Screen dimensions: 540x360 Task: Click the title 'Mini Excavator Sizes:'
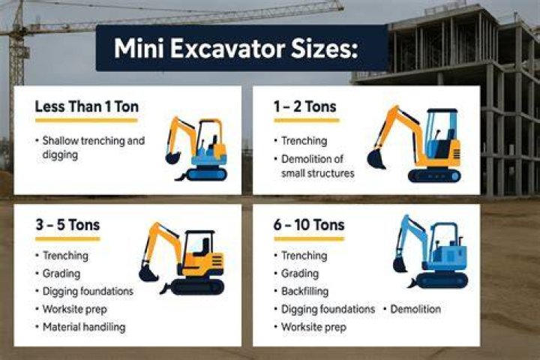(x=236, y=48)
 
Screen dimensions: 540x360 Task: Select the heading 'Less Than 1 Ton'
(x=87, y=106)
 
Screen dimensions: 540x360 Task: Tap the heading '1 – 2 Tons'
(x=304, y=106)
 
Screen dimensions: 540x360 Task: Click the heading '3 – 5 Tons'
(x=67, y=225)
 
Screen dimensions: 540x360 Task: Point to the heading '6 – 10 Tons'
(x=309, y=225)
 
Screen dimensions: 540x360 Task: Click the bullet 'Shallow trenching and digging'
(x=90, y=148)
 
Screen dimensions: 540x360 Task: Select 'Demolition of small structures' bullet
(x=314, y=166)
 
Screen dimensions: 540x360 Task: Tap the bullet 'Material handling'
(x=81, y=326)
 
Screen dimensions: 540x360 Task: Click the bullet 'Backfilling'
(x=301, y=291)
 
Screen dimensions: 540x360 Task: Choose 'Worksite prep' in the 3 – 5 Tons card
(x=72, y=309)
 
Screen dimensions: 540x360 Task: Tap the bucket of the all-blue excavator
(x=400, y=265)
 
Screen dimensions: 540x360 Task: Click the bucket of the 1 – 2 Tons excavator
(x=376, y=160)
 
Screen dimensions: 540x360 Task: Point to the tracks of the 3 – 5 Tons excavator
(x=197, y=286)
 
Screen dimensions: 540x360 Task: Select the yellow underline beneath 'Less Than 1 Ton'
(x=86, y=121)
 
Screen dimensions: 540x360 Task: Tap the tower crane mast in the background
(x=16, y=69)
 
